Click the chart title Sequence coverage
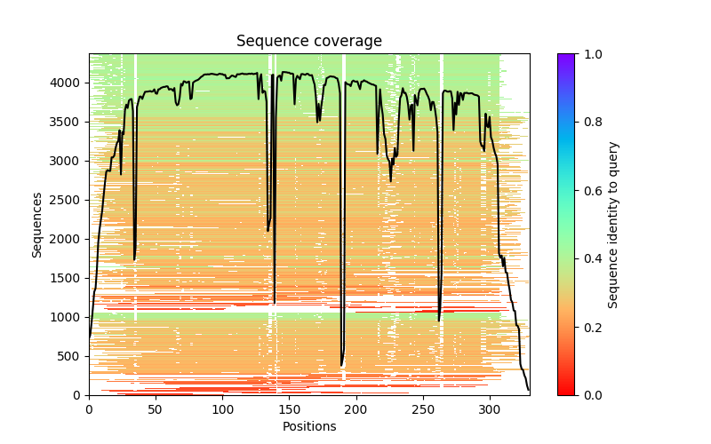coord(308,42)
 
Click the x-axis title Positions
coord(308,426)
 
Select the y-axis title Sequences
coord(37,224)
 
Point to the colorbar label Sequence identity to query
coord(613,224)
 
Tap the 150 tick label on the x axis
coord(290,409)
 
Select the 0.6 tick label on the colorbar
coord(588,191)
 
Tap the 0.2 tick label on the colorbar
coord(588,327)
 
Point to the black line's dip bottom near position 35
coord(135,259)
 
